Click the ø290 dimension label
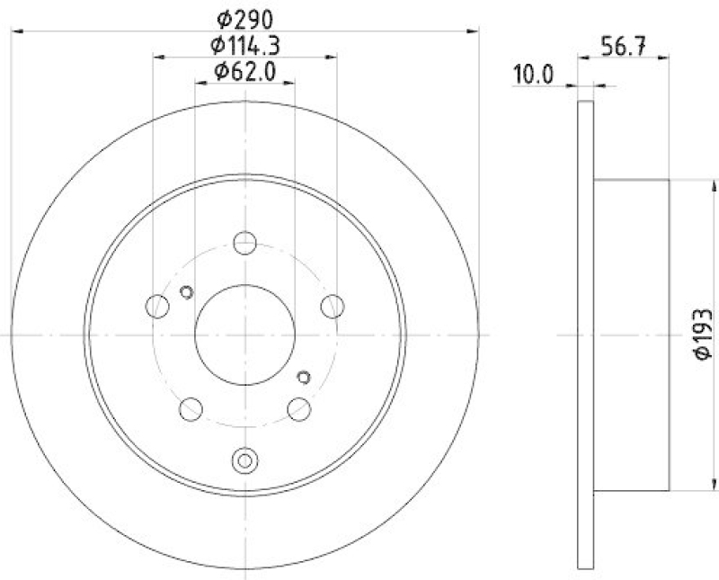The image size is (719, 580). pos(245,18)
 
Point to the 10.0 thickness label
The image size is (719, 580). pos(533,76)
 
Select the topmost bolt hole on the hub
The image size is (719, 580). pos(245,243)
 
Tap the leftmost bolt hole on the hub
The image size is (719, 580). pos(158,306)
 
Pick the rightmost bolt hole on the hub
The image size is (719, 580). pos(333,306)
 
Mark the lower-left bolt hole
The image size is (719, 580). pos(191,409)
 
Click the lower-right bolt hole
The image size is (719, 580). pos(299,409)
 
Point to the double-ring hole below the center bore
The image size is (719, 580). pos(244,460)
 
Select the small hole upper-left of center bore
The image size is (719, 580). pos(187,291)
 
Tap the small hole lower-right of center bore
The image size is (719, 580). pos(303,378)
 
